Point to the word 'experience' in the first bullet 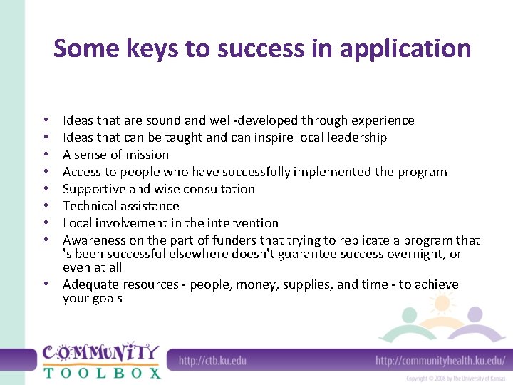[x=380, y=120]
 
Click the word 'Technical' [x=90, y=206]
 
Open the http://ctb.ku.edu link [x=212, y=360]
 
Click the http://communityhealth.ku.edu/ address [x=440, y=360]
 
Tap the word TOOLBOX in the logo [x=101, y=371]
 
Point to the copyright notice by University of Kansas [x=455, y=378]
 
